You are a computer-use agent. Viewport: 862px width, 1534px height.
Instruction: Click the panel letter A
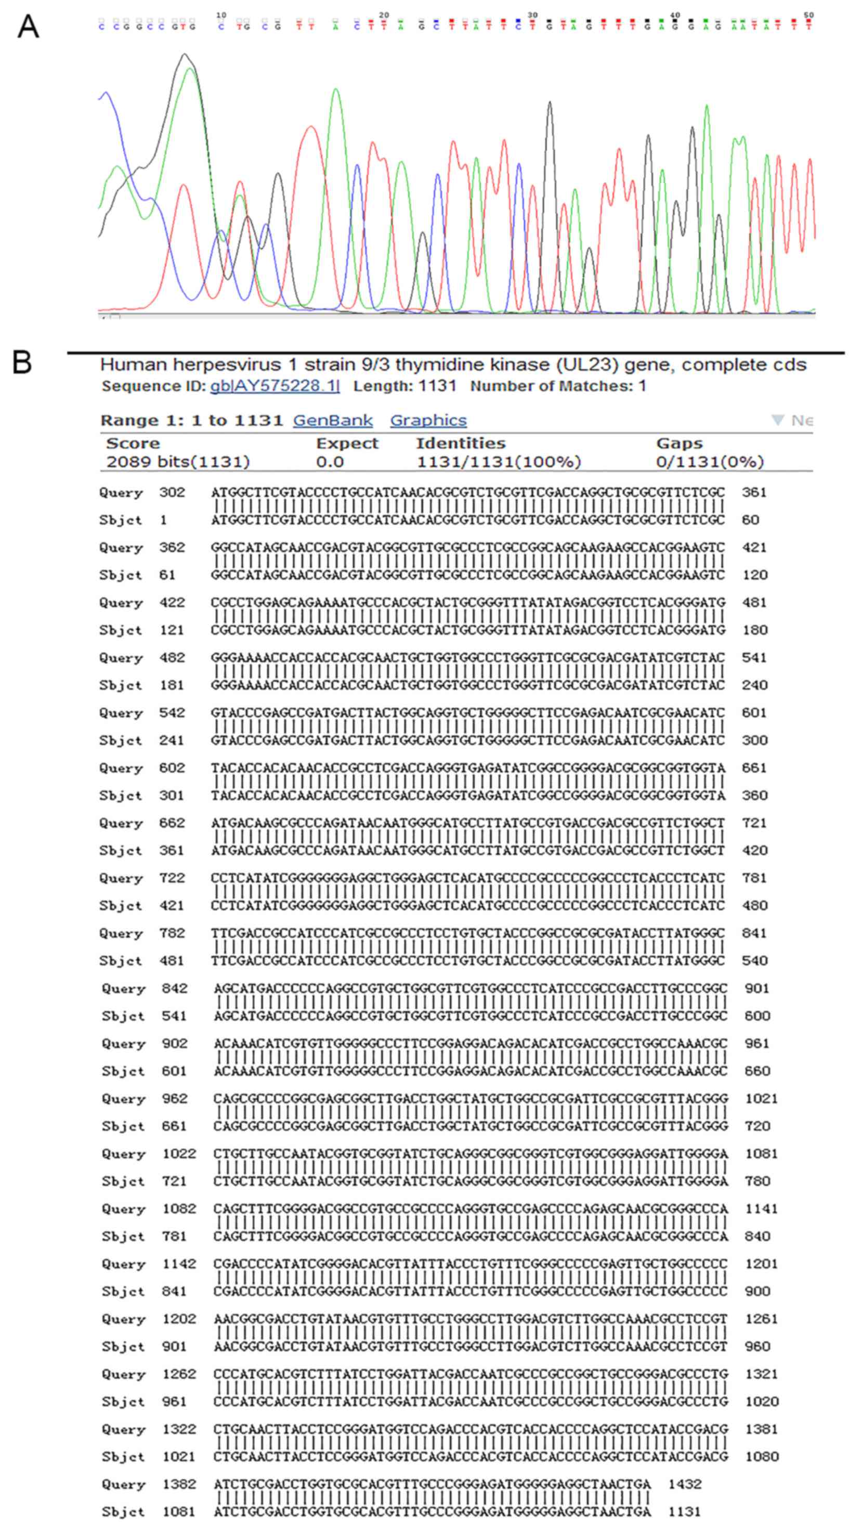point(28,27)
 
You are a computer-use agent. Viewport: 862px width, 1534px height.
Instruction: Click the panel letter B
point(23,362)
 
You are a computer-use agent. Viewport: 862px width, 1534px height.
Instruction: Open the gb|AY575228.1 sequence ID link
point(275,386)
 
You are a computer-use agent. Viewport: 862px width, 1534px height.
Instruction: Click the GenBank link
point(333,421)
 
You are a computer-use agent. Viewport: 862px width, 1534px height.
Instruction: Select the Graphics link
point(428,421)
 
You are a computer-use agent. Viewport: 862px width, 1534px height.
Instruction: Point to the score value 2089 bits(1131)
point(178,462)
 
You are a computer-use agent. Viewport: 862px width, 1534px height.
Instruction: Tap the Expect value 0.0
point(330,462)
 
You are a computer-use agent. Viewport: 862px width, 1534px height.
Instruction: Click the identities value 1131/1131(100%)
point(498,462)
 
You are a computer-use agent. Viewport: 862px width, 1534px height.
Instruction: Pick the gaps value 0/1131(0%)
point(710,462)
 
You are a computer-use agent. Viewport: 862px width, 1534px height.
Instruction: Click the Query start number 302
point(172,492)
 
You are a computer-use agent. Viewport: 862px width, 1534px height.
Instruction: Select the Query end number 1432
point(685,1484)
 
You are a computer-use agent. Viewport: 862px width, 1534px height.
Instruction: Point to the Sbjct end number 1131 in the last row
point(685,1511)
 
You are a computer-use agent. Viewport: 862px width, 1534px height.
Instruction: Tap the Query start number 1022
point(179,1153)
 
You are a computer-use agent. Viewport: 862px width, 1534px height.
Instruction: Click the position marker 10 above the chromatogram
point(221,15)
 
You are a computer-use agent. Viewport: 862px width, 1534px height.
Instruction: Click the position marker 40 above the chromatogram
point(674,15)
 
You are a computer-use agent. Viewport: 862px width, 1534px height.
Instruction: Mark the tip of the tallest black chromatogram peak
point(185,54)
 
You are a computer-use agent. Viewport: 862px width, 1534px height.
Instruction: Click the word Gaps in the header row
point(679,444)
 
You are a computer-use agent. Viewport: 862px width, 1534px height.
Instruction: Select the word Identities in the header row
point(461,444)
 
